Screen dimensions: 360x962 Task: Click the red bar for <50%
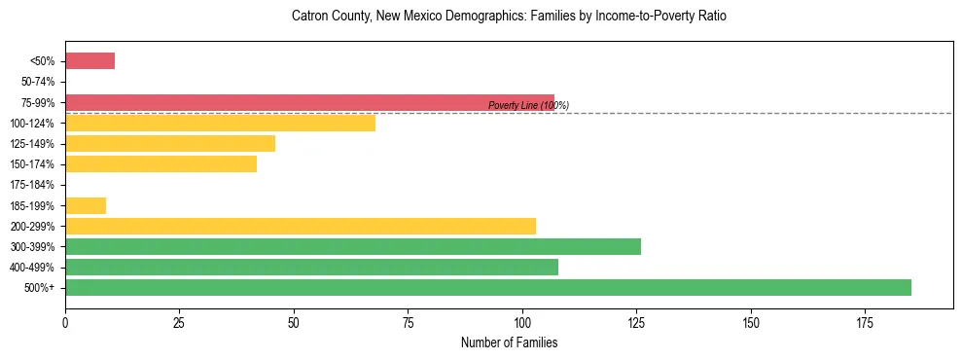89,61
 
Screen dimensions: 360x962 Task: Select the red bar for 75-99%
309,102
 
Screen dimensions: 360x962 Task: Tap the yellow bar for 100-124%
220,123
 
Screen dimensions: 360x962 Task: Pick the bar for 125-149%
170,144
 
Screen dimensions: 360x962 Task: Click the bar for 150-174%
160,164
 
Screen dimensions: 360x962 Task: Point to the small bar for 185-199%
86,205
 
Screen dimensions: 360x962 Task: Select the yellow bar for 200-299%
301,226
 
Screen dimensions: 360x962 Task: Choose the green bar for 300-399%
353,246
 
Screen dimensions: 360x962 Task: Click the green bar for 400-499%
311,267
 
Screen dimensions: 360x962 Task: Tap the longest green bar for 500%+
488,287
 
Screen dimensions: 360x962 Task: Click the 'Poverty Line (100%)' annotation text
528,105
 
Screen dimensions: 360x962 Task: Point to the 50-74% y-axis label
38,82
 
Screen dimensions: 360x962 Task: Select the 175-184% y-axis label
35,185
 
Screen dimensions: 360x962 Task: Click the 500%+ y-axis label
41,288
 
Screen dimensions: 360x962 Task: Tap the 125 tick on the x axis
636,320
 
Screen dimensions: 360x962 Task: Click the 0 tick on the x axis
65,320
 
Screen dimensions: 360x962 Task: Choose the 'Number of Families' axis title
509,342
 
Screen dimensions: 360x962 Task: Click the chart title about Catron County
509,17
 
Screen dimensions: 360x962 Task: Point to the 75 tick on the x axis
408,320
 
